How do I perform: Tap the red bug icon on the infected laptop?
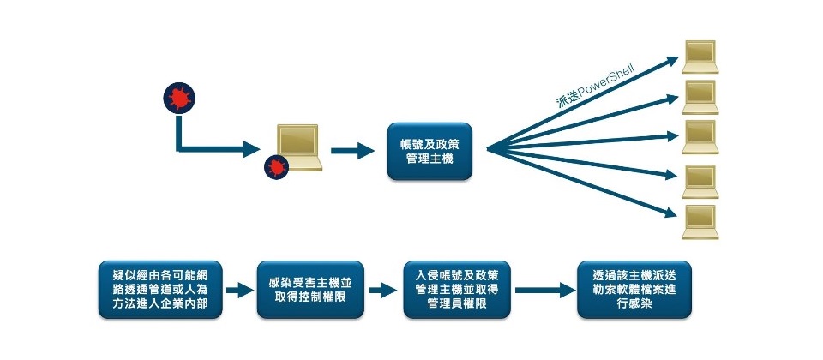(x=276, y=166)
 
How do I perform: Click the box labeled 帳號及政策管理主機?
(x=430, y=151)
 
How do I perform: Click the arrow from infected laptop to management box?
(x=351, y=152)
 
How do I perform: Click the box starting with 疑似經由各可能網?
(x=159, y=290)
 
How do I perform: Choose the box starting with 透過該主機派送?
(x=634, y=290)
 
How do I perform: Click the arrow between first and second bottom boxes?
(x=240, y=290)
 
